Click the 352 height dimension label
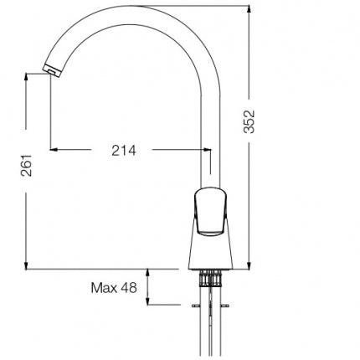pos(249,121)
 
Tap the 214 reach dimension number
pos(124,151)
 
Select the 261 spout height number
pos(26,165)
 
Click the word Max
pos(104,288)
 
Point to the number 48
pos(129,288)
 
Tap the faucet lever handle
pos(210,210)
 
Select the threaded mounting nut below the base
pos(210,278)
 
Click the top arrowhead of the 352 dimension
pos(249,9)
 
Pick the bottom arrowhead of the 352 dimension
pos(249,265)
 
